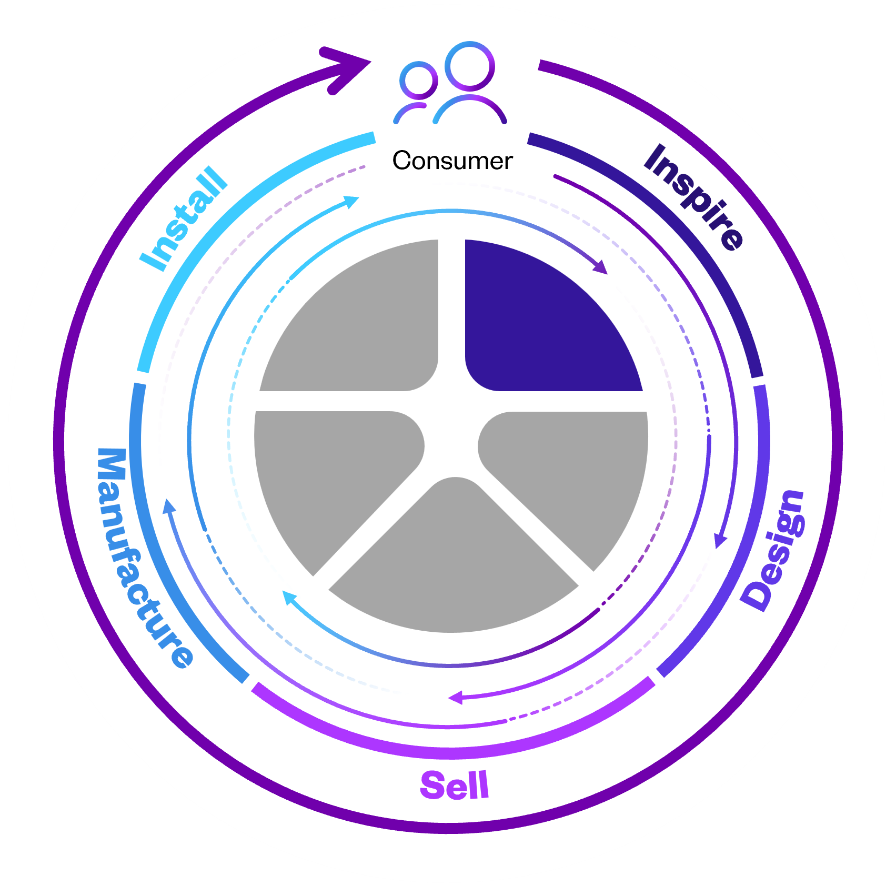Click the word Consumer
pyautogui.click(x=452, y=161)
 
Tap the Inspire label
pyautogui.click(x=693, y=197)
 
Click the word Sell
pyautogui.click(x=455, y=785)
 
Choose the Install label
pyautogui.click(x=184, y=218)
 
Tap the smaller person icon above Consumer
pyautogui.click(x=416, y=92)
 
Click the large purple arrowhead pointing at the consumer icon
pyautogui.click(x=348, y=68)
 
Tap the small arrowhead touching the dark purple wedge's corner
pyautogui.click(x=601, y=267)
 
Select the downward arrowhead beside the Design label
pyautogui.click(x=720, y=540)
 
